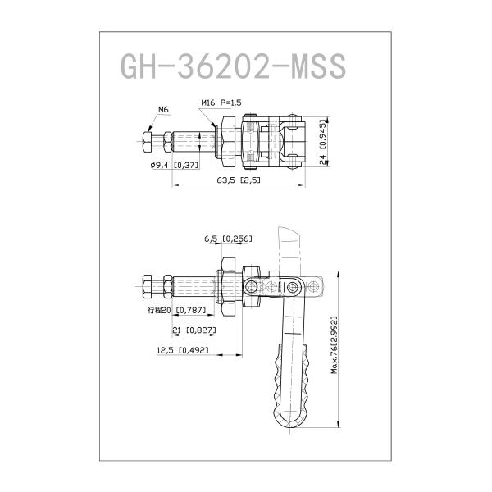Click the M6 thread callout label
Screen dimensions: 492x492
click(162, 109)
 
